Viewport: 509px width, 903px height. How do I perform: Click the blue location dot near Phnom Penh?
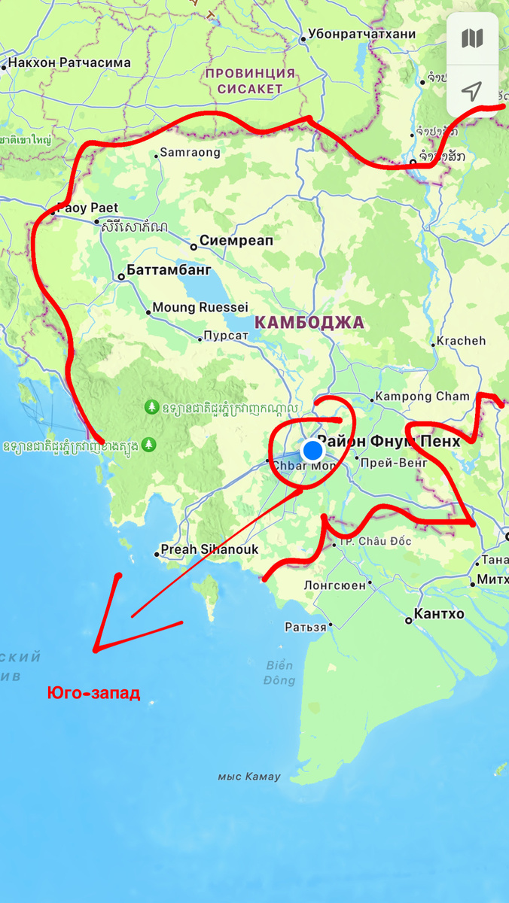point(312,451)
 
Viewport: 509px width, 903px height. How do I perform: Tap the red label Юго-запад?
point(94,692)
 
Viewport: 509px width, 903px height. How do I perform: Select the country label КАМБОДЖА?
point(309,323)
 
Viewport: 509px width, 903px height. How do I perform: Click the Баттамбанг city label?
point(169,270)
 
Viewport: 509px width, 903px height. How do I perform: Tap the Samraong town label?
point(190,152)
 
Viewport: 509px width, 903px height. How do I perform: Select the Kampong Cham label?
point(422,396)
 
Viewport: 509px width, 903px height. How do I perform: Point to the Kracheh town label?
point(462,341)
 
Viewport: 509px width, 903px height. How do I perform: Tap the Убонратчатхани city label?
point(364,35)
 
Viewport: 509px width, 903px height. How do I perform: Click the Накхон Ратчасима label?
point(71,63)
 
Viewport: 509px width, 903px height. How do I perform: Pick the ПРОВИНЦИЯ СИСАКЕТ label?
point(251,81)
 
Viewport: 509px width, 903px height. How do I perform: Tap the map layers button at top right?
point(472,38)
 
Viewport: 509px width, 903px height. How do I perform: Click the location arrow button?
point(472,92)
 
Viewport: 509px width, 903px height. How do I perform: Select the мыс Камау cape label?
point(248,777)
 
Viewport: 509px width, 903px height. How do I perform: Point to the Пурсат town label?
point(226,336)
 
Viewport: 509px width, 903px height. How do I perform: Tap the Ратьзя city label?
point(306,626)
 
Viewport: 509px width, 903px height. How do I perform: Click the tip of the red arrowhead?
point(95,650)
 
